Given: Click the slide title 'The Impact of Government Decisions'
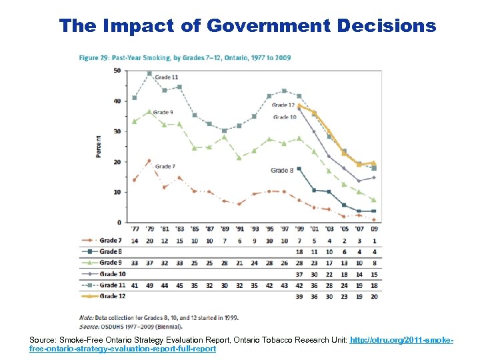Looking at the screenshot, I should (x=247, y=25).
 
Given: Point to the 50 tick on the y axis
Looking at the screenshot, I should (x=117, y=70).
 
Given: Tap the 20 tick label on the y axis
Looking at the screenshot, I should (x=117, y=162).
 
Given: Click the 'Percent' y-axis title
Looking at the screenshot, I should (x=99, y=146).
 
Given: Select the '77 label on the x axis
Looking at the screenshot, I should (x=135, y=229).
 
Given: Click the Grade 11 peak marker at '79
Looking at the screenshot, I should (x=149, y=73).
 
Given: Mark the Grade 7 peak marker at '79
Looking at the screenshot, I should (x=149, y=161).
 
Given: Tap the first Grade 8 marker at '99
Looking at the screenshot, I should (x=299, y=169).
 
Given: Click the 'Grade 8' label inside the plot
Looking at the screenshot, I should (x=283, y=171).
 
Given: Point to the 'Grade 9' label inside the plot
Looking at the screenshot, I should (x=163, y=112).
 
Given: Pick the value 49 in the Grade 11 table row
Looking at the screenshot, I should (x=149, y=284).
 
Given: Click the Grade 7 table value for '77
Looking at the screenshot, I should (x=135, y=240).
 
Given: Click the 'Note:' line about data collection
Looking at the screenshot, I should (x=159, y=317).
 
